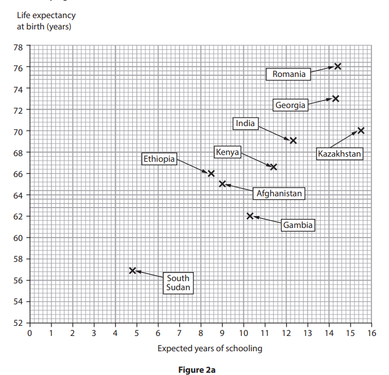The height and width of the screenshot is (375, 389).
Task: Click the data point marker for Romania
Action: click(x=338, y=66)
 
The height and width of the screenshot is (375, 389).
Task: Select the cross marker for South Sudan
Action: click(x=132, y=271)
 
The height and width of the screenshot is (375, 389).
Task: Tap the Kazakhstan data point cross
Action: click(x=361, y=131)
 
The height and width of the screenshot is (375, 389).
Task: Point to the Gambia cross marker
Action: click(x=250, y=216)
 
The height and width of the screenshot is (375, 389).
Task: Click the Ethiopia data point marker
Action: click(x=211, y=174)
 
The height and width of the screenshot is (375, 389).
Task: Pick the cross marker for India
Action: click(x=293, y=140)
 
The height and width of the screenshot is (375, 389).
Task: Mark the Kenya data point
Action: click(x=274, y=167)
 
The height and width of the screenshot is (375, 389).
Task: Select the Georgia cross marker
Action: click(x=335, y=98)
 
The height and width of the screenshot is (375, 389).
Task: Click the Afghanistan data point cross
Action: click(x=222, y=184)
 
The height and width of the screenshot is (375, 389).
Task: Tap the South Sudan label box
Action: click(x=178, y=282)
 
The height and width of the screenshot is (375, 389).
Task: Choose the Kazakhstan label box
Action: click(x=339, y=153)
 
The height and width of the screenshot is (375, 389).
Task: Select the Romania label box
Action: click(x=288, y=74)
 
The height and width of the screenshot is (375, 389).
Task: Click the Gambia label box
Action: click(x=298, y=225)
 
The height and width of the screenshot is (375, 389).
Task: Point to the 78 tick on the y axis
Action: click(x=18, y=46)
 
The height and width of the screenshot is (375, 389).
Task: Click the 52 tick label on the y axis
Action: click(x=18, y=323)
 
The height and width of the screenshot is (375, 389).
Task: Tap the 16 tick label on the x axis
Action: click(x=371, y=334)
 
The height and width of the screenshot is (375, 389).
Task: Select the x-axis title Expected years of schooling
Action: click(x=210, y=348)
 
